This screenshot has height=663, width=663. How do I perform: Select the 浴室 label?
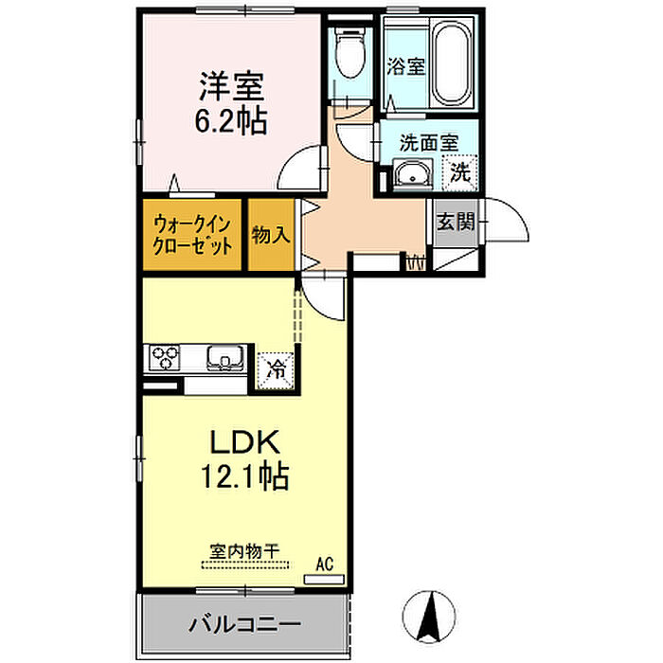click(406, 66)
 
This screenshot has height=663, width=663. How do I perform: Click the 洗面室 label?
click(429, 143)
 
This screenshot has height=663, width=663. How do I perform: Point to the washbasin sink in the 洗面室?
click(412, 174)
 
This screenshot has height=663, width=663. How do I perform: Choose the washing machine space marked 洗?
click(460, 172)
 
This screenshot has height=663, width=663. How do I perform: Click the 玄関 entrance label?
click(456, 221)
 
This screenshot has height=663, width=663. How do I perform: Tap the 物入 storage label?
click(271, 234)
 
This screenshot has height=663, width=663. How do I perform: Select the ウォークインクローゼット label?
click(192, 235)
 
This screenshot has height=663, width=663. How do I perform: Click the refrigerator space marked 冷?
click(277, 370)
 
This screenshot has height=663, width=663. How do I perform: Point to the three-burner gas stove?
click(165, 358)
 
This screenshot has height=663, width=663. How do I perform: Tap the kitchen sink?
click(225, 357)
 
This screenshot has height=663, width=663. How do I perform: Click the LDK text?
click(245, 442)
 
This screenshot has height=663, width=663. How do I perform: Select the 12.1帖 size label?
click(244, 476)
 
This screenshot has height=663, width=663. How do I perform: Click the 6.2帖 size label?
click(231, 121)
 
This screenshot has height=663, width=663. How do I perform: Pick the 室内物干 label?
click(244, 551)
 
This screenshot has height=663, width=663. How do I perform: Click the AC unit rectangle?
click(324, 579)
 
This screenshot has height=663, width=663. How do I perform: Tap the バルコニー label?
click(244, 624)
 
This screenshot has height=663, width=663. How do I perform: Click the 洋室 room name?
click(232, 86)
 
